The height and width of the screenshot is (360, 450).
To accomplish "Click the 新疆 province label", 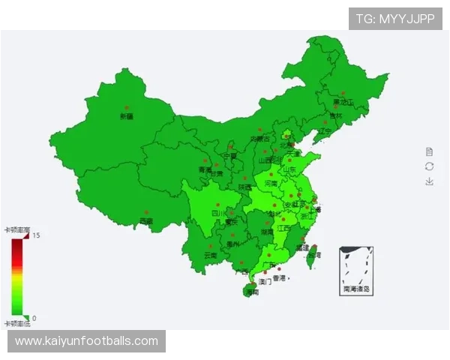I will pyautogui.click(x=126, y=116).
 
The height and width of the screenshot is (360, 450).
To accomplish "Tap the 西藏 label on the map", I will pyautogui.click(x=146, y=221).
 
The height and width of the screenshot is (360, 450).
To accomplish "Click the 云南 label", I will pyautogui.click(x=210, y=255).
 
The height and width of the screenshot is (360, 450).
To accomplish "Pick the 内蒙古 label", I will pyautogui.click(x=259, y=139).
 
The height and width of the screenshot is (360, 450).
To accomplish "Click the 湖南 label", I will pyautogui.click(x=267, y=232).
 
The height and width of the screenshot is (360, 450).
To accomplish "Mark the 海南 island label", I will pyautogui.click(x=252, y=292).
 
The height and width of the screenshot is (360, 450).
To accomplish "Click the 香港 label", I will pyautogui.click(x=279, y=278).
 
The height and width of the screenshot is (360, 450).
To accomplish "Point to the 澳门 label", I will pyautogui.click(x=264, y=282).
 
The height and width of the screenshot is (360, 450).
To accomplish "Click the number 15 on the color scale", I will pyautogui.click(x=35, y=235).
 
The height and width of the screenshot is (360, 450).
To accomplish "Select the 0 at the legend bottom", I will pyautogui.click(x=34, y=318).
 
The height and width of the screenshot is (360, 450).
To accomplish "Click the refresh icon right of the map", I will pyautogui.click(x=429, y=166).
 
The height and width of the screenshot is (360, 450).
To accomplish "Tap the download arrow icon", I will pyautogui.click(x=429, y=181).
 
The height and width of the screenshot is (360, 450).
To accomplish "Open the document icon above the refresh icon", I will pyautogui.click(x=429, y=151).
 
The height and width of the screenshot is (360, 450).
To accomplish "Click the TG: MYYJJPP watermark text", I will pyautogui.click(x=395, y=18).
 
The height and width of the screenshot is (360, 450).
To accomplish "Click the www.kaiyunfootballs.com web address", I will pyautogui.click(x=87, y=341).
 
